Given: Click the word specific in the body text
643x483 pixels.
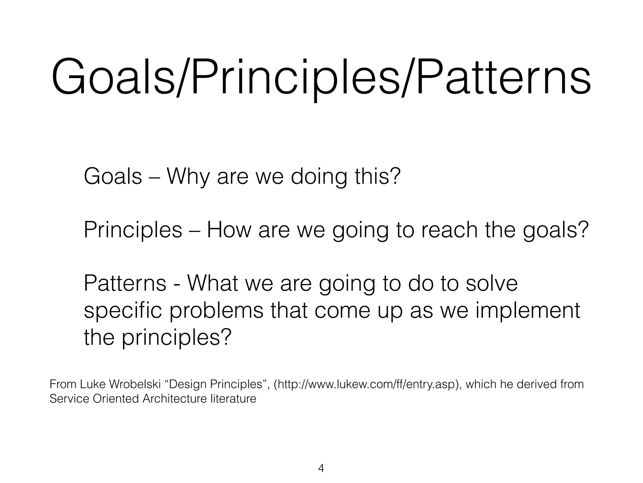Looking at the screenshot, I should tap(123, 311).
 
